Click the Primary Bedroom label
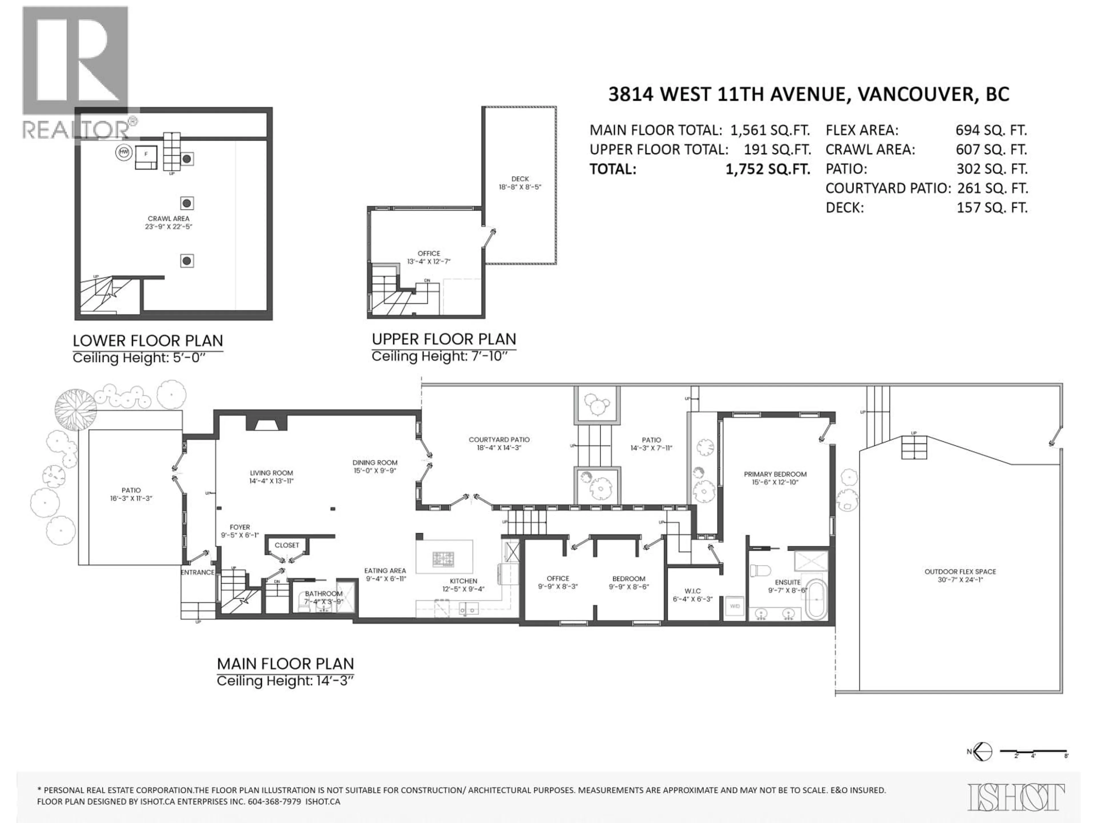pyautogui.click(x=775, y=474)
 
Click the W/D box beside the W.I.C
pyautogui.click(x=734, y=606)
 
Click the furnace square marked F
pyautogui.click(x=146, y=154)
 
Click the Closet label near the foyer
pyautogui.click(x=287, y=545)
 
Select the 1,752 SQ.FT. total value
pyautogui.click(x=768, y=169)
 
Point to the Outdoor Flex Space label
pyautogui.click(x=960, y=572)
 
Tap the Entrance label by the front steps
pyautogui.click(x=197, y=572)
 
